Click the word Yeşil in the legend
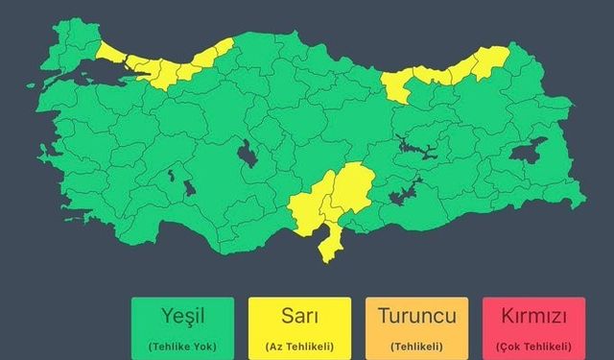183,316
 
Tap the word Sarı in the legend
298,316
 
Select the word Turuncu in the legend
416,316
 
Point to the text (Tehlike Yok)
183,346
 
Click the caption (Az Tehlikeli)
298,346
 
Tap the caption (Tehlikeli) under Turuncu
416,346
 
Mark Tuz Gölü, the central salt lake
247,155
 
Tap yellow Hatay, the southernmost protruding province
331,245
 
